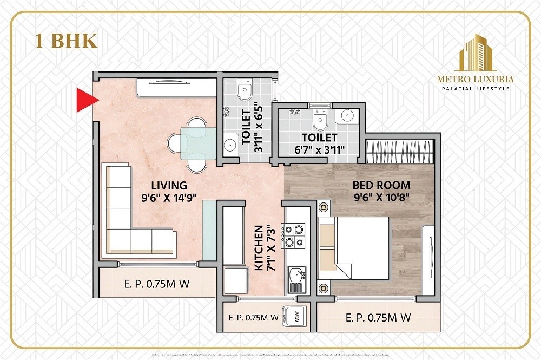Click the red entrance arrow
85,100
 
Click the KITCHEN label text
259,248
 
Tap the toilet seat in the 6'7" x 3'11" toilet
320,121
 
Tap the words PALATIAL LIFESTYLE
476,88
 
